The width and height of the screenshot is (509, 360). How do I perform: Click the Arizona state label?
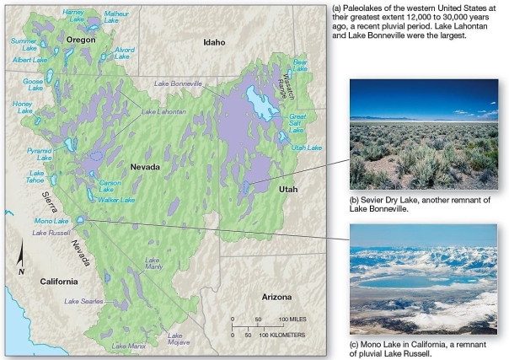276,298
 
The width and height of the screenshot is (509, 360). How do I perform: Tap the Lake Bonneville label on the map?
178,84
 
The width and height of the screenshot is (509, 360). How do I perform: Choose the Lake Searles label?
83,301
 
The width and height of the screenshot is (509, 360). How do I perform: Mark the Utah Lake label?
308,148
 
